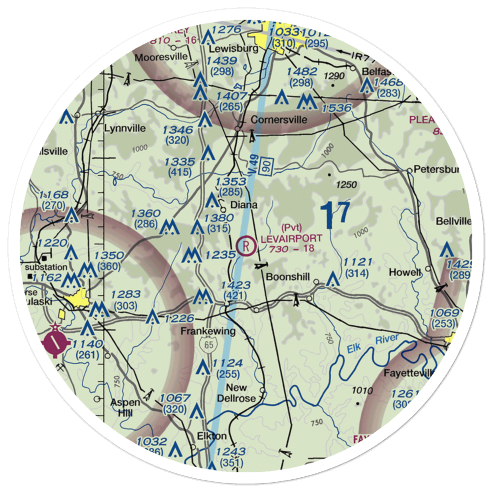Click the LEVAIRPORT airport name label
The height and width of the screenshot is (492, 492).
(292, 239)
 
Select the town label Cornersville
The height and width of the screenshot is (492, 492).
(279, 120)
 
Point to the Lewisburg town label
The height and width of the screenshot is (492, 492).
(227, 49)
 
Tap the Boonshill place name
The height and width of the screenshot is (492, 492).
(288, 277)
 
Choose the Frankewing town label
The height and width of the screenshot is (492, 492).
(208, 331)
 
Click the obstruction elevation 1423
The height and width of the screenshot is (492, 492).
(236, 285)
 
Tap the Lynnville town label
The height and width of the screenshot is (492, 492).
(125, 128)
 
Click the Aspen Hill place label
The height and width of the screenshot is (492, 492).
(125, 407)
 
